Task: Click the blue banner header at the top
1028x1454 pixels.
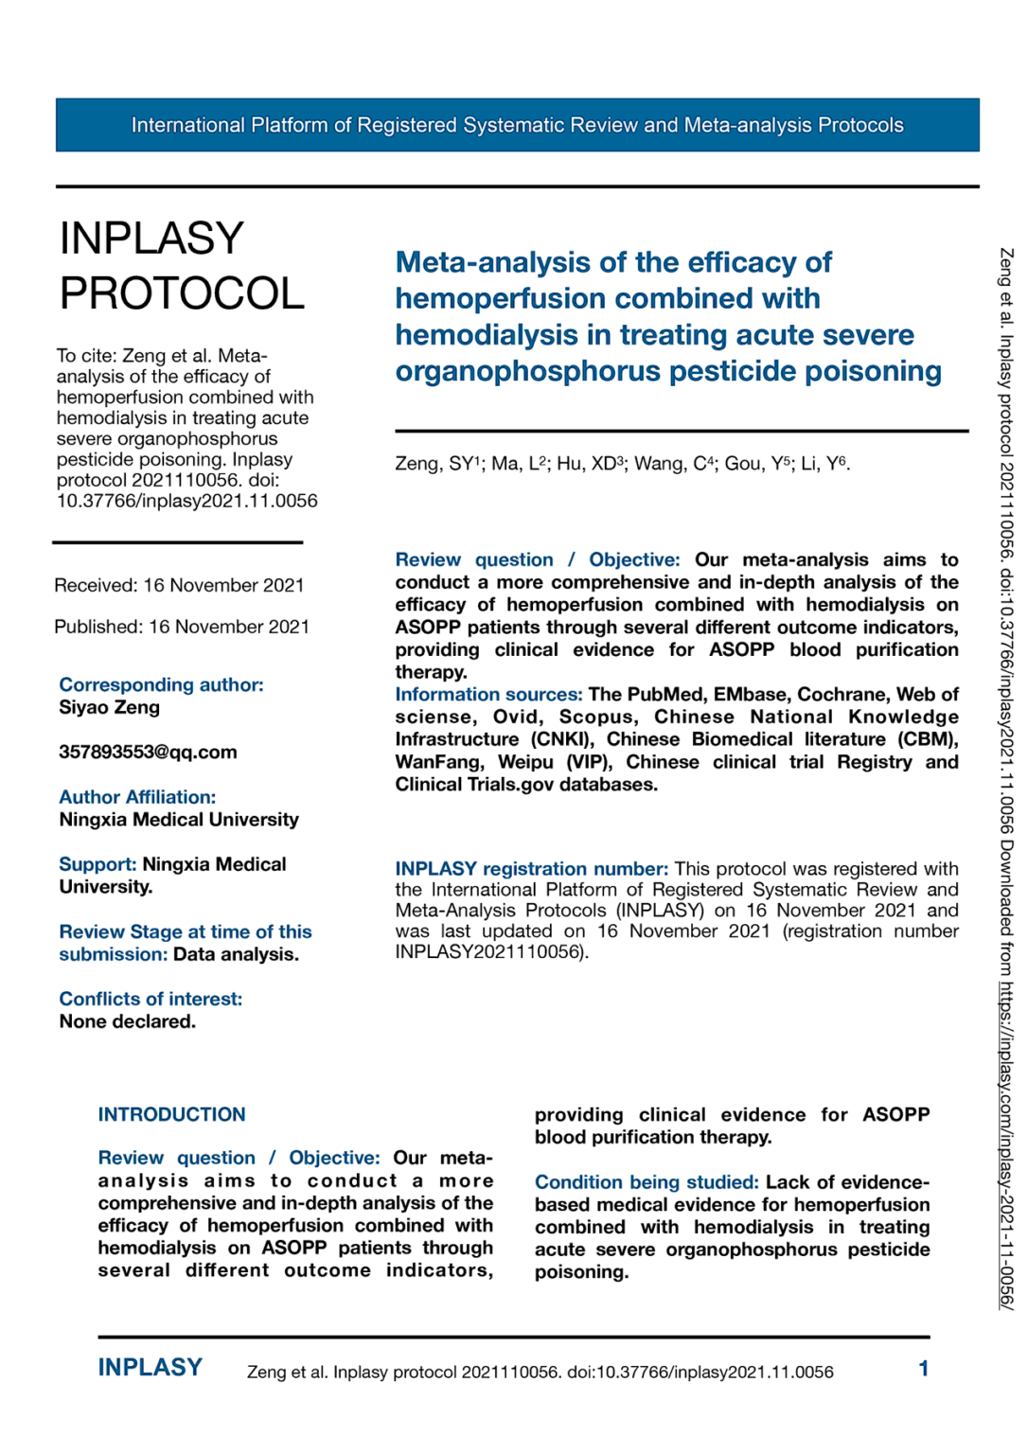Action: [517, 125]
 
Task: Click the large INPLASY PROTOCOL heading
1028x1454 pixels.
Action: [182, 266]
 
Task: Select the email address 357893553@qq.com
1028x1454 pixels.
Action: [148, 752]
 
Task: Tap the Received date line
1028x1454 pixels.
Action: [179, 585]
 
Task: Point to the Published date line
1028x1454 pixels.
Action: [182, 627]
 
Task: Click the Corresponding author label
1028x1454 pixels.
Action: [161, 684]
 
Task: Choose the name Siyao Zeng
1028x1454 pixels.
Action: [110, 707]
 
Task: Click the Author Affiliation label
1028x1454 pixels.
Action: [137, 797]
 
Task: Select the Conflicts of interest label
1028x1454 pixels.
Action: [151, 999]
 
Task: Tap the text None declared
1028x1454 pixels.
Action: [128, 1021]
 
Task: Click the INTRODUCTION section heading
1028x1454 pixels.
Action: [171, 1114]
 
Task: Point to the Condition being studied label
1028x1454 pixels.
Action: [647, 1181]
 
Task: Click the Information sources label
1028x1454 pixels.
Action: [488, 694]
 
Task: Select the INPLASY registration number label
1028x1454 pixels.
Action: [531, 868]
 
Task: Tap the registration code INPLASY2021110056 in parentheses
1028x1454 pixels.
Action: [488, 951]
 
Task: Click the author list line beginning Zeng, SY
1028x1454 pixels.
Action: [622, 464]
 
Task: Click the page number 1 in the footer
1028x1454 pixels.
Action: [923, 1369]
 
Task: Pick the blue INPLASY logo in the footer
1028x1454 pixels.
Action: [151, 1368]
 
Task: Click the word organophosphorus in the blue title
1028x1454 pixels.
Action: [527, 371]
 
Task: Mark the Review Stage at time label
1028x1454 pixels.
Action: [186, 932]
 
